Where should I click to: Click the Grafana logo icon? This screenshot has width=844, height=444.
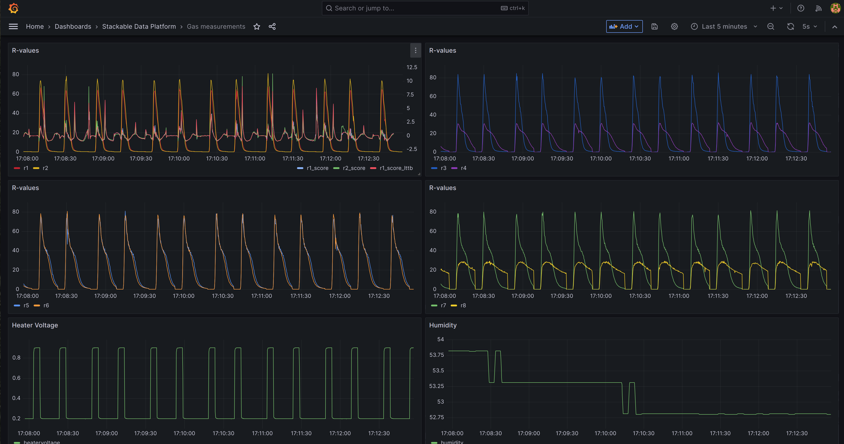pos(13,8)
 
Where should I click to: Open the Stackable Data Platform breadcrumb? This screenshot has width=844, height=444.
pos(139,26)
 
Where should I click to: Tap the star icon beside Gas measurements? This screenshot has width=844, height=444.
pos(257,26)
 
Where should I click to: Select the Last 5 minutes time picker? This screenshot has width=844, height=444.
pos(724,26)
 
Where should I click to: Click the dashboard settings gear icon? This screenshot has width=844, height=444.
pos(674,26)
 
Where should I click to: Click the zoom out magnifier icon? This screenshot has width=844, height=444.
pos(771,26)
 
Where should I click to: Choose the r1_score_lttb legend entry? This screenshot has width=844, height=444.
pos(396,168)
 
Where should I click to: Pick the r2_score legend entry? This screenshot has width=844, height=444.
pos(354,168)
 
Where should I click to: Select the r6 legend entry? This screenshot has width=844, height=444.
pos(46,305)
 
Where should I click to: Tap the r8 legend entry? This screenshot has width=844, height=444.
pos(463,305)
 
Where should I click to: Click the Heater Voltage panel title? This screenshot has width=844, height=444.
pos(35,325)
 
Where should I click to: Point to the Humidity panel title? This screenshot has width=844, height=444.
pos(443,325)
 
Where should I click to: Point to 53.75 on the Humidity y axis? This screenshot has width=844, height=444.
pos(436,355)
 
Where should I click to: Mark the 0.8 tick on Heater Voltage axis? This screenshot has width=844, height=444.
pos(16,357)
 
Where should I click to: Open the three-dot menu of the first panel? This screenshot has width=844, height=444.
pos(415,50)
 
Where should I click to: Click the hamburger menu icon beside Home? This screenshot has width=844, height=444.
pos(13,26)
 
